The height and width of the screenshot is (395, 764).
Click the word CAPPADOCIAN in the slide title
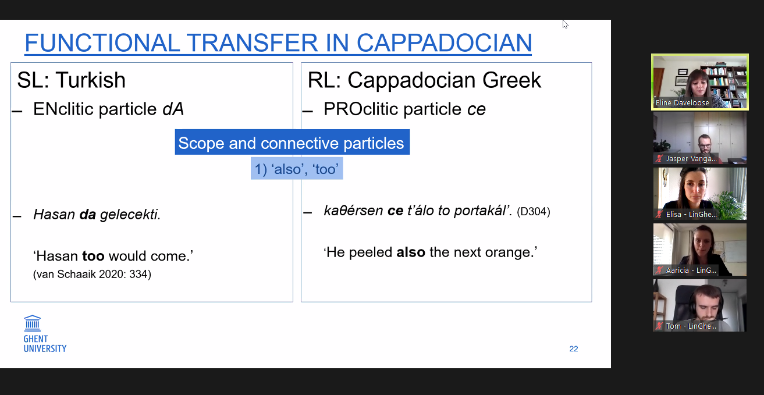[444, 43]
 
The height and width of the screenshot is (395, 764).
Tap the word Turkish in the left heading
[91, 80]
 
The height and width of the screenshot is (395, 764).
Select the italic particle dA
[173, 109]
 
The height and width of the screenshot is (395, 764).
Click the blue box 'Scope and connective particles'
[292, 142]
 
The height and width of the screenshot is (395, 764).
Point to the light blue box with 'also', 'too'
[297, 169]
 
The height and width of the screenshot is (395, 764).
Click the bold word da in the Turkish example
[88, 215]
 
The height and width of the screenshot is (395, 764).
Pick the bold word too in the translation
[93, 256]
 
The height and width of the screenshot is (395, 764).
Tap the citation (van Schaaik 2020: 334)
[92, 274]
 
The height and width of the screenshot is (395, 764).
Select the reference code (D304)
[534, 212]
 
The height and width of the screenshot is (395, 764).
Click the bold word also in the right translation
[411, 252]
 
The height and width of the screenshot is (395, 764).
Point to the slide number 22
[574, 348]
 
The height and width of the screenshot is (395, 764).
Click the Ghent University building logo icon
[33, 323]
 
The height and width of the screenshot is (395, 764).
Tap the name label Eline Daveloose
[682, 102]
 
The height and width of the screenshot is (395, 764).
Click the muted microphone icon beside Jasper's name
[659, 159]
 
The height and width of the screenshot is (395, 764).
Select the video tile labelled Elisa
[700, 193]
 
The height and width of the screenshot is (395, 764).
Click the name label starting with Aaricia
[691, 270]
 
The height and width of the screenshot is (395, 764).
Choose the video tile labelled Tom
[700, 305]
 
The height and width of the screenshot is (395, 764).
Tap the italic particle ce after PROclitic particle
[477, 109]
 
